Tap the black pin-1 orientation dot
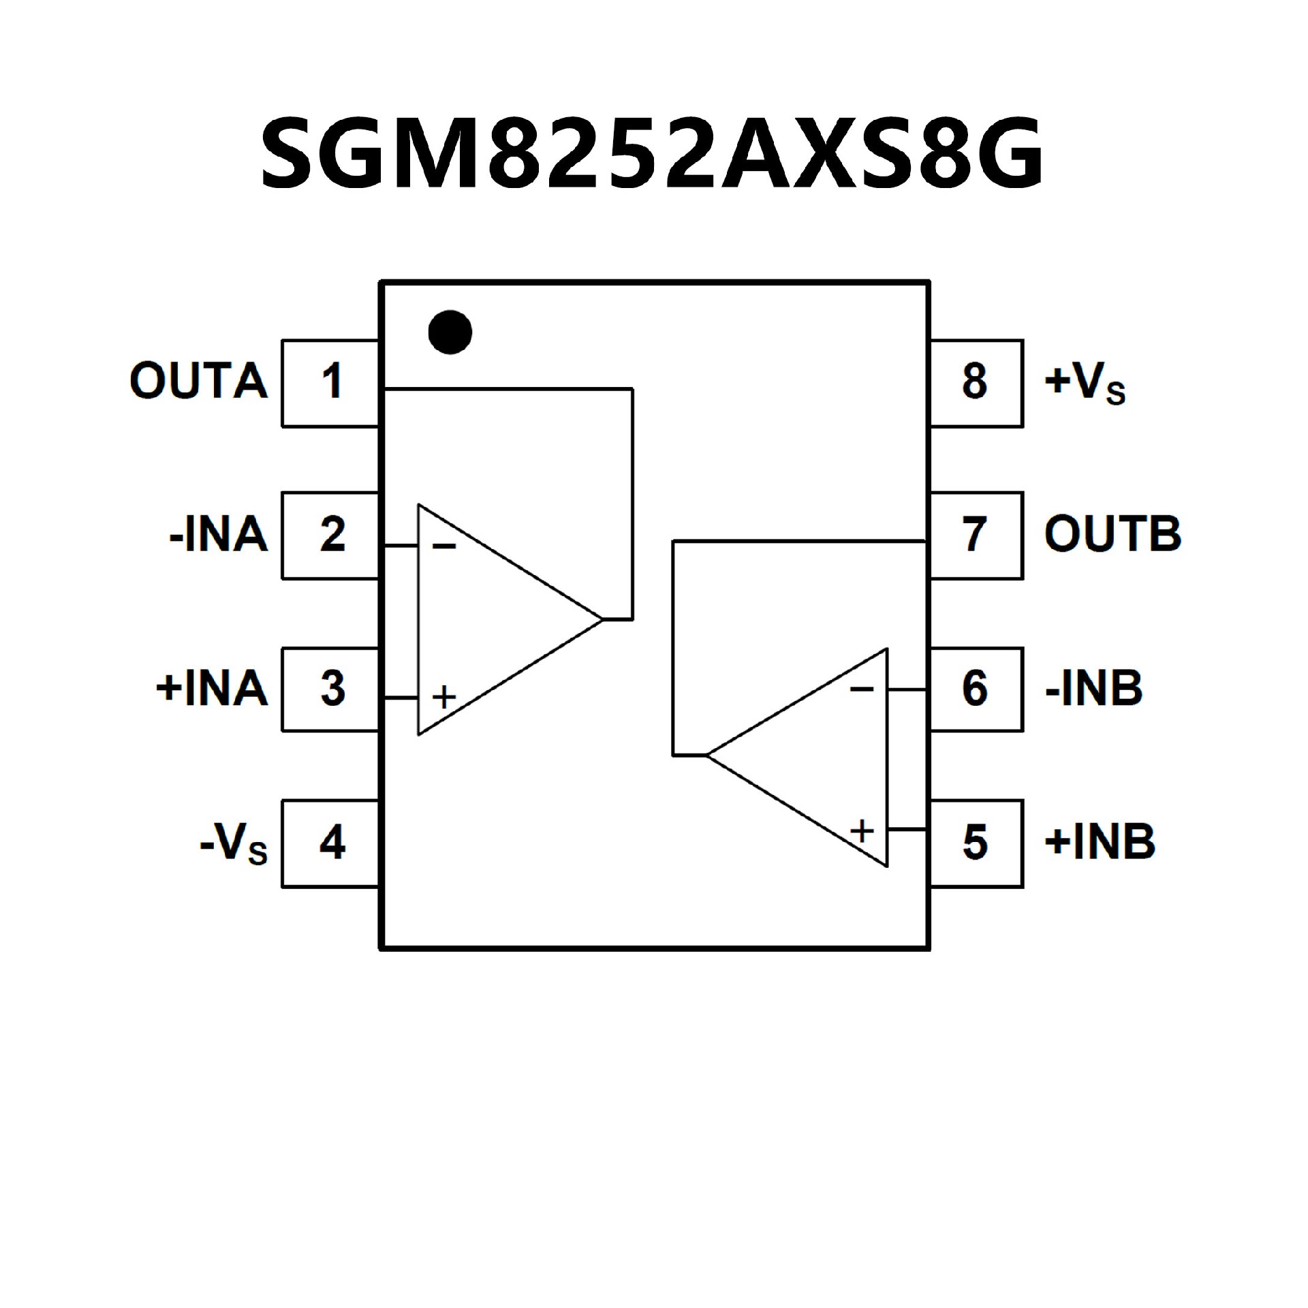(450, 332)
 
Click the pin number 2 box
(331, 535)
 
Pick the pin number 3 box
(331, 689)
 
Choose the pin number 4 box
(331, 843)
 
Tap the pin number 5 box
(976, 843)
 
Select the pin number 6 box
(976, 689)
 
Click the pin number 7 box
(976, 535)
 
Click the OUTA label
(198, 381)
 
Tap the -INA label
(218, 535)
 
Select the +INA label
(211, 689)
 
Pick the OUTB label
(1112, 534)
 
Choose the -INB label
(1093, 689)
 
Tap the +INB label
(1100, 843)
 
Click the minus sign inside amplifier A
(444, 546)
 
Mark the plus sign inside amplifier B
(862, 830)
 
